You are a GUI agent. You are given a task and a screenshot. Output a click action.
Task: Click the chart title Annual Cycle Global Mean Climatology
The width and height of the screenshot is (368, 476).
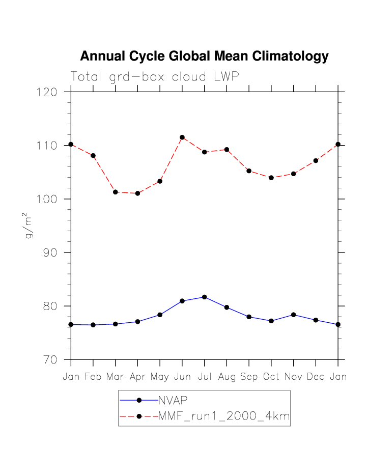click(x=204, y=57)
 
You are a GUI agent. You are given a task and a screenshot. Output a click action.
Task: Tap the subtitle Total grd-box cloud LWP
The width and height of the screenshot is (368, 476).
click(x=154, y=77)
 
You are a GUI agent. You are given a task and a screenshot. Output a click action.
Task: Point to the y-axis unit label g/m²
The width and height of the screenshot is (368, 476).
click(x=30, y=227)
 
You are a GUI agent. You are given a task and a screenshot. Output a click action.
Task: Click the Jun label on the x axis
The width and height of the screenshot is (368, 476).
click(x=182, y=377)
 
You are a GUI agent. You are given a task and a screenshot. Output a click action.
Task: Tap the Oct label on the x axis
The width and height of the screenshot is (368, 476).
click(x=271, y=377)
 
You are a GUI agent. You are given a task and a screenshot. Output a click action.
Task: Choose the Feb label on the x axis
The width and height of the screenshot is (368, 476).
click(x=93, y=377)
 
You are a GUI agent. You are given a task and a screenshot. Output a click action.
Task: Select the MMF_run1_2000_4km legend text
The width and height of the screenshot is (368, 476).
click(x=224, y=416)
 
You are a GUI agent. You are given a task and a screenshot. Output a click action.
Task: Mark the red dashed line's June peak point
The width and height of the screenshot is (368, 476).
click(x=182, y=137)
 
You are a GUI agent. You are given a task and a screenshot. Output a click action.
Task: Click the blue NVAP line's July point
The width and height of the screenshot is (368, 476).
click(x=204, y=297)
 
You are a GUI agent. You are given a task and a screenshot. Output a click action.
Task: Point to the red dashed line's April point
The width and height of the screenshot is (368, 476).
click(x=137, y=193)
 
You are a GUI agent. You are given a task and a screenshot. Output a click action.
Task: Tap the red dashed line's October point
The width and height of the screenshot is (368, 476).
click(x=271, y=178)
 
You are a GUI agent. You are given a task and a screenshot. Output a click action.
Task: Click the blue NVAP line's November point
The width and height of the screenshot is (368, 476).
click(x=294, y=315)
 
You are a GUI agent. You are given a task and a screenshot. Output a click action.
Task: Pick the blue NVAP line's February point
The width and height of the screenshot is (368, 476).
click(x=93, y=325)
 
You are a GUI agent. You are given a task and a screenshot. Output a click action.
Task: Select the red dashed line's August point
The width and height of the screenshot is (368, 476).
click(x=227, y=150)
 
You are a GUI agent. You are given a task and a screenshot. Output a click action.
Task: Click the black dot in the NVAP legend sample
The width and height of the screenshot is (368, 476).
click(x=138, y=400)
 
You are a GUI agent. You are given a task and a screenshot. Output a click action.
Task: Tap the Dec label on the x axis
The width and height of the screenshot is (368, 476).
click(x=316, y=377)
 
